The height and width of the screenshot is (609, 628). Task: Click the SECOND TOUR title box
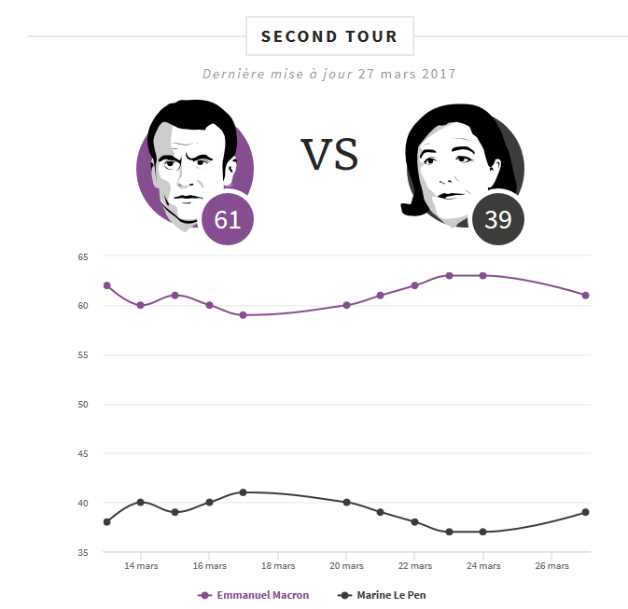(x=328, y=37)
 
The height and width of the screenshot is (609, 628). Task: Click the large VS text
(x=329, y=155)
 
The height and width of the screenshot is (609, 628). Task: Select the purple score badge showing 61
(x=228, y=219)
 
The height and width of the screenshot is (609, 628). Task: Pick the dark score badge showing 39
(x=498, y=219)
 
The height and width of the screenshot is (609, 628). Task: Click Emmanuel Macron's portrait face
(x=188, y=163)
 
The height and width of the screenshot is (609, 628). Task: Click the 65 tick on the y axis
(x=82, y=256)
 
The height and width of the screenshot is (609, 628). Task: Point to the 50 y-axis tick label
(x=82, y=405)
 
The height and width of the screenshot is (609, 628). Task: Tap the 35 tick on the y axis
(x=82, y=553)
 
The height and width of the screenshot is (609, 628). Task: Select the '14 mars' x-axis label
(x=140, y=566)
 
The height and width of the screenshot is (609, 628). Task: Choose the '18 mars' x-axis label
(x=278, y=566)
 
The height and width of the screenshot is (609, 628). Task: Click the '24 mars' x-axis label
(x=483, y=566)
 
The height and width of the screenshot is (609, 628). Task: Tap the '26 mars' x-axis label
(x=551, y=566)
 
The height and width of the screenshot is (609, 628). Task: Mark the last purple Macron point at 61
(x=586, y=296)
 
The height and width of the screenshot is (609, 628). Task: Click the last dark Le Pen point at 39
(x=586, y=512)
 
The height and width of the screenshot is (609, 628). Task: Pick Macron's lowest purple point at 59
(x=244, y=315)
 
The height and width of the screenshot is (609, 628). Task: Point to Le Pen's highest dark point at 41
(x=244, y=492)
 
